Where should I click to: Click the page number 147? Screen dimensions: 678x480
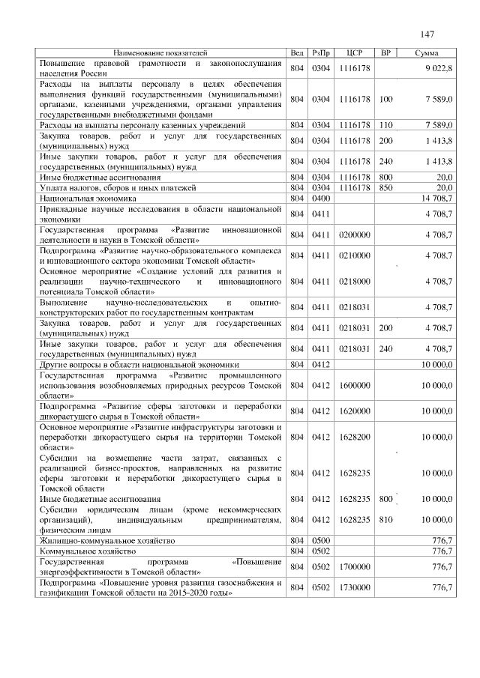click(427, 34)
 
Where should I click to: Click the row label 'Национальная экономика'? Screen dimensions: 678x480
click(79, 199)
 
